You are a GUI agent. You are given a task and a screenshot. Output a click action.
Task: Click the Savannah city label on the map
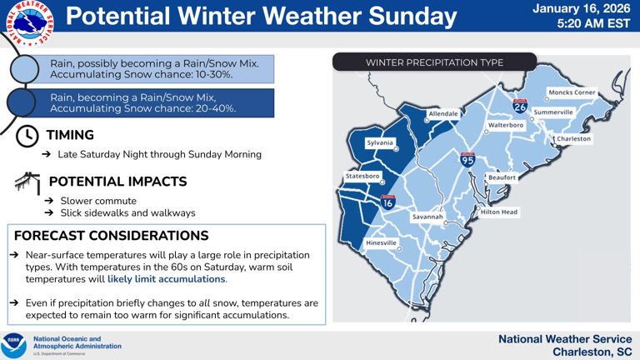click(427, 217)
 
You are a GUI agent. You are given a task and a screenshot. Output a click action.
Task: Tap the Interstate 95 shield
click(468, 159)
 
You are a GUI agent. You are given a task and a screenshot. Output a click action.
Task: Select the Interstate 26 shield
click(520, 106)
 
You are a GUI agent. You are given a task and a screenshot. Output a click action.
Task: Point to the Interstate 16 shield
click(387, 201)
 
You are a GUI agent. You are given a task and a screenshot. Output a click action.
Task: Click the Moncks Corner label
click(571, 92)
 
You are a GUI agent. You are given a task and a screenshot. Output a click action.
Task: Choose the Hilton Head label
click(498, 212)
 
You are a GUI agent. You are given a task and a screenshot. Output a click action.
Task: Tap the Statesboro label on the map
click(362, 177)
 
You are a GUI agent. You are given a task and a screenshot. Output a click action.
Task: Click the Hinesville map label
click(381, 242)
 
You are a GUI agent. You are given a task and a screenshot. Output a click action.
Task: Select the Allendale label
click(442, 113)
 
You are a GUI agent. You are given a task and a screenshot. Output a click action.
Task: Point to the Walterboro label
click(505, 125)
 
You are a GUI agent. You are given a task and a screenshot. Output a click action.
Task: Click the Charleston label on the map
click(573, 139)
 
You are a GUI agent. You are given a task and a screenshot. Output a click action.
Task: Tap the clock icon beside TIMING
click(27, 136)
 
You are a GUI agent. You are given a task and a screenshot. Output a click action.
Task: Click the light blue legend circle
click(25, 69)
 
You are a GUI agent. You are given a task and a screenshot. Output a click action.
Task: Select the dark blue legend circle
click(25, 102)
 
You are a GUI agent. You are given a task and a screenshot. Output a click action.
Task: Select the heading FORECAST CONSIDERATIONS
click(111, 236)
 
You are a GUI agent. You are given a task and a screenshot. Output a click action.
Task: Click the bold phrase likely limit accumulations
click(166, 279)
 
